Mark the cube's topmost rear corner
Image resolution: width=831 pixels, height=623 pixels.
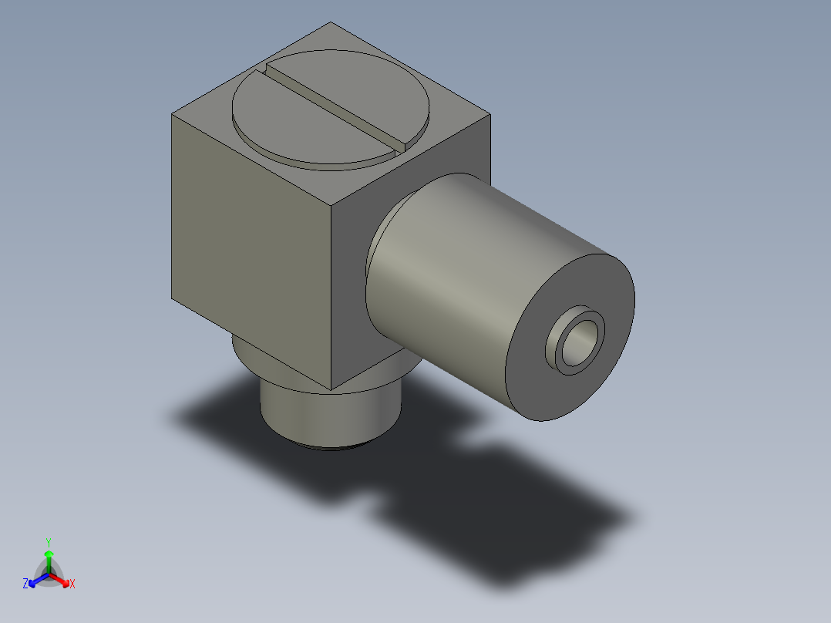click(331, 22)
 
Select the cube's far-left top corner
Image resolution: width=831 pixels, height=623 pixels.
click(171, 114)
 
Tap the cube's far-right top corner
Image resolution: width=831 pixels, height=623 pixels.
click(490, 116)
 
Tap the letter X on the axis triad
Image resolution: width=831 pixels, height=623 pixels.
click(72, 584)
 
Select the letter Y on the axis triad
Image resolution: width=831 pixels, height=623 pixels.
click(48, 542)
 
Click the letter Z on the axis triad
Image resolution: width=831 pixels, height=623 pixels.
click(25, 584)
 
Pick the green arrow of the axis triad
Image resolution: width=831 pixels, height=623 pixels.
click(49, 558)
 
